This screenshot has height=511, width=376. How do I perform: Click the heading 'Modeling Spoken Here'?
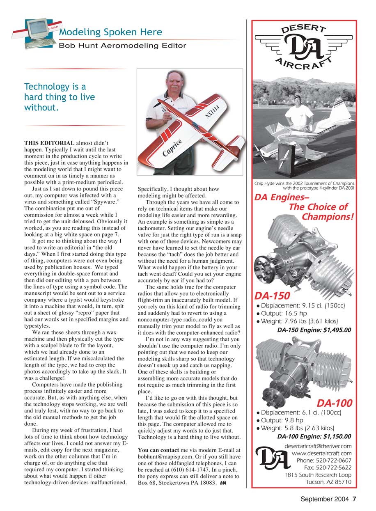click(x=110, y=32)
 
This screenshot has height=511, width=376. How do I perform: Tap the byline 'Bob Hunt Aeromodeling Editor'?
click(x=122, y=46)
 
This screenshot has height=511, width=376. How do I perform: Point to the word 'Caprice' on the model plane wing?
click(x=172, y=148)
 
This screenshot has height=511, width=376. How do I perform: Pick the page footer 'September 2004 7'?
click(x=328, y=499)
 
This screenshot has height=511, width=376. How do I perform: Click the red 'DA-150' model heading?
click(x=272, y=296)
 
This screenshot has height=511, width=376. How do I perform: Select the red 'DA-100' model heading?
click(x=334, y=403)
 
